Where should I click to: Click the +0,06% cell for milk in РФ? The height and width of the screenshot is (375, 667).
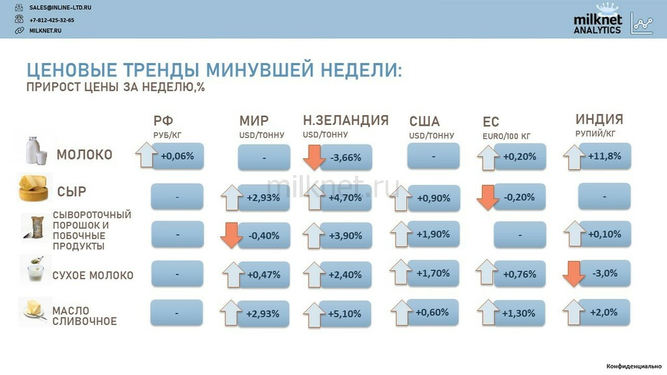pos(178,156)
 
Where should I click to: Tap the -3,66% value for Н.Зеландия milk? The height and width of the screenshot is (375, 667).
pos(346,158)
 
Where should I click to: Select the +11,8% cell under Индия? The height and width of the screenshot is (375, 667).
pos(604,156)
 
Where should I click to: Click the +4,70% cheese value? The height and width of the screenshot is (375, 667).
pos(345,198)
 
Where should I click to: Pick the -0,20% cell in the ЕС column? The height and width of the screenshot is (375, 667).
pos(519,197)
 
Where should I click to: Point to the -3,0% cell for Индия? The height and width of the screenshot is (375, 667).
pos(604,273)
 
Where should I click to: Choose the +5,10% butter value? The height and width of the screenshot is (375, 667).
pos(345,314)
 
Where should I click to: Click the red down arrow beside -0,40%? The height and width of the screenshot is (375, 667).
pos(231,235)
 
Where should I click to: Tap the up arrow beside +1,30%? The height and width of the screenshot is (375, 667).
pos(488,312)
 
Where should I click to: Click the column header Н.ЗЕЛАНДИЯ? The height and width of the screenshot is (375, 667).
pos(346,120)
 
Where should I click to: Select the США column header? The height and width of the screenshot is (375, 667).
pos(424,122)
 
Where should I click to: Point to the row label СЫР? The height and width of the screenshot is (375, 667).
pos(72,192)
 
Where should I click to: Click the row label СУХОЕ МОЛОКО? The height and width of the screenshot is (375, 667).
pos(92,275)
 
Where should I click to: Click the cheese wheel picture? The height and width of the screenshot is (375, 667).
pos(33,187)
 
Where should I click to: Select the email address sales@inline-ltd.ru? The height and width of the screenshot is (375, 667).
pos(60,8)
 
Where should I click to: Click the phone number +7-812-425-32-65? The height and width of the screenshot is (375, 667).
pos(51,20)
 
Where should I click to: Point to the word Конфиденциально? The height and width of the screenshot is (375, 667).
pos(634,366)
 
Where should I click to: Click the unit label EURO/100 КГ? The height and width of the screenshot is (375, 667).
pos(506,137)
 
